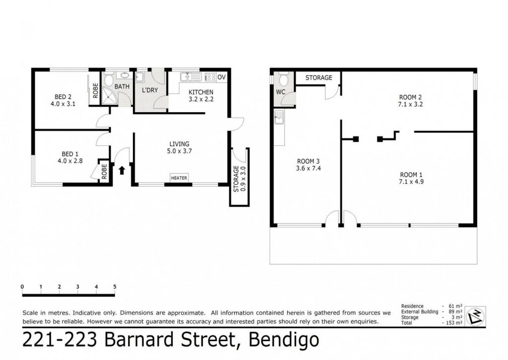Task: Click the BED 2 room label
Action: [x=63, y=97]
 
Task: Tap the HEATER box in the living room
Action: [x=179, y=178]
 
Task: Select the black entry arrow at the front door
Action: [x=122, y=170]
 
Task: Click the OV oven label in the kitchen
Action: [x=222, y=77]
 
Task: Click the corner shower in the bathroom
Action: [x=111, y=95]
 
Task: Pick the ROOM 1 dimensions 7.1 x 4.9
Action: [x=411, y=182]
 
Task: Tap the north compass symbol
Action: [x=475, y=315]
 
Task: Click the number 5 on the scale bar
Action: [x=115, y=287]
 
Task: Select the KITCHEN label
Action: [x=201, y=92]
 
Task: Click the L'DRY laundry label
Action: [x=150, y=90]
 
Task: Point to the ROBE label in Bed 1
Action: [x=104, y=171]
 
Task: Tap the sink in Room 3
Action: [x=279, y=117]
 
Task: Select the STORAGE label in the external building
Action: [x=319, y=78]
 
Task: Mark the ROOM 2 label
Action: [x=410, y=97]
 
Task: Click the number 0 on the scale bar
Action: [x=22, y=287]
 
